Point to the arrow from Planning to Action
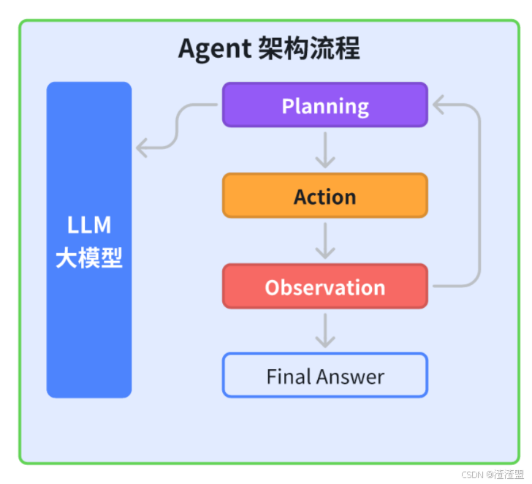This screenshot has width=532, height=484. (324, 150)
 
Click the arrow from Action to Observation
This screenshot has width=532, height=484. (324, 241)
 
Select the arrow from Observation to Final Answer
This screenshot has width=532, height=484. (324, 331)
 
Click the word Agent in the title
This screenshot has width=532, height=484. (215, 49)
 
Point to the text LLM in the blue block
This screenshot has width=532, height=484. (89, 224)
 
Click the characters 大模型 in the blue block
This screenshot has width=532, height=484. (89, 257)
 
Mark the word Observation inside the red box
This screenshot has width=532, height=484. (324, 287)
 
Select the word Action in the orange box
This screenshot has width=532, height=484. (324, 197)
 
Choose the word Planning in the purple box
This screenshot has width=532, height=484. (324, 106)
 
